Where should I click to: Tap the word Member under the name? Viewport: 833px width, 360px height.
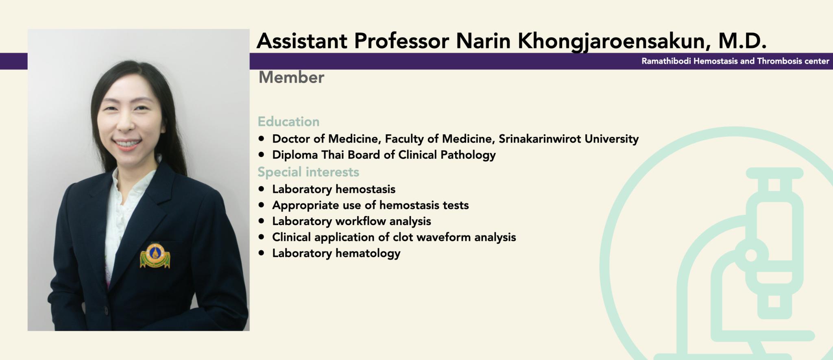tap(291, 77)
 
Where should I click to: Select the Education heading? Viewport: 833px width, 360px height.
tap(288, 122)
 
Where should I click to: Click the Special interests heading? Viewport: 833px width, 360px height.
tap(308, 172)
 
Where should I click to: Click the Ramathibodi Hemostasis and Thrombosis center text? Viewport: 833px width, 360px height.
tap(735, 61)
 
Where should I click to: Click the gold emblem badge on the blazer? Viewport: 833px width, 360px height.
tap(155, 256)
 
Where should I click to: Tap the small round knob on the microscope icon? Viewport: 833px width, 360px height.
tap(751, 255)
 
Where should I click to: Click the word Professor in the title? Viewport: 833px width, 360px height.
tap(401, 41)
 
